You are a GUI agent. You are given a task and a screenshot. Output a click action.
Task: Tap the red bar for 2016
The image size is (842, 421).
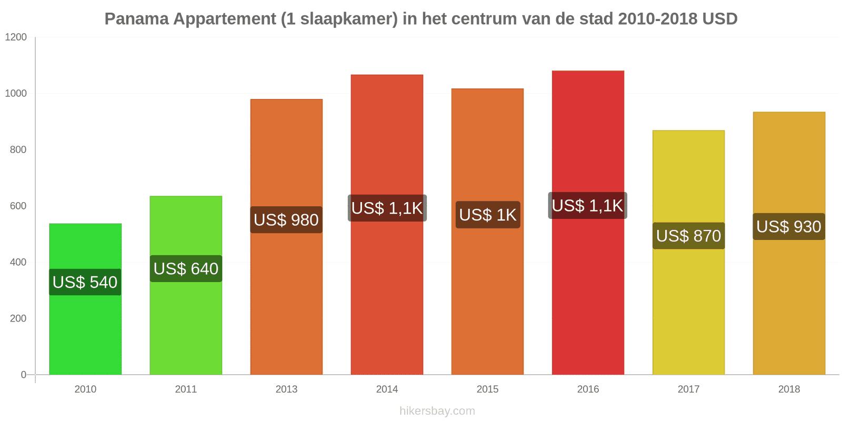coord(588,295)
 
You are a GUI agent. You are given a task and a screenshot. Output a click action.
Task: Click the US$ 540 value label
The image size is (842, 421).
coord(85,282)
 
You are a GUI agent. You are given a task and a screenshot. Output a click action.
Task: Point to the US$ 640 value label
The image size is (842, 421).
coord(186,269)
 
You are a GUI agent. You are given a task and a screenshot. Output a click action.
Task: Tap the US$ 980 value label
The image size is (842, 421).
coord(286,219)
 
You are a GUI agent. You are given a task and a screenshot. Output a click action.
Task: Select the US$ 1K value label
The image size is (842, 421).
coord(488,215)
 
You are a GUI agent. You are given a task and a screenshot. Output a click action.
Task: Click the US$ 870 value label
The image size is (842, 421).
coord(688,236)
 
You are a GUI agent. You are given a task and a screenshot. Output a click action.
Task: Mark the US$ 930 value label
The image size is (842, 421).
coord(789,227)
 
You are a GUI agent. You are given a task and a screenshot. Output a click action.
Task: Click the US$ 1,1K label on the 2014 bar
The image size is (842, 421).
coord(387,208)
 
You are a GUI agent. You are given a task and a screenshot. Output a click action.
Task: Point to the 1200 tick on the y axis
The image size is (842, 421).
coord(16,37)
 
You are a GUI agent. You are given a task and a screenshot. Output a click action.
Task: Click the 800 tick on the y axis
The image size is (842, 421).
coord(18,150)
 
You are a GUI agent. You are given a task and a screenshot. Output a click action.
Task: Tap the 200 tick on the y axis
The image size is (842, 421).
coord(18,318)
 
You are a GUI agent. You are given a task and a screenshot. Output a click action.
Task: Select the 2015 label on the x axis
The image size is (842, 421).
coord(487,389)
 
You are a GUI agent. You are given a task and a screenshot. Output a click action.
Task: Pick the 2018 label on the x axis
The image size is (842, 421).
coord(789,389)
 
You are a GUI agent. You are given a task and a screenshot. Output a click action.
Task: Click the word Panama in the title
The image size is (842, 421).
coord(136,19)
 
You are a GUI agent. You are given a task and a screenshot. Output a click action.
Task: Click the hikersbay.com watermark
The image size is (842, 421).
coord(437,411)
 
